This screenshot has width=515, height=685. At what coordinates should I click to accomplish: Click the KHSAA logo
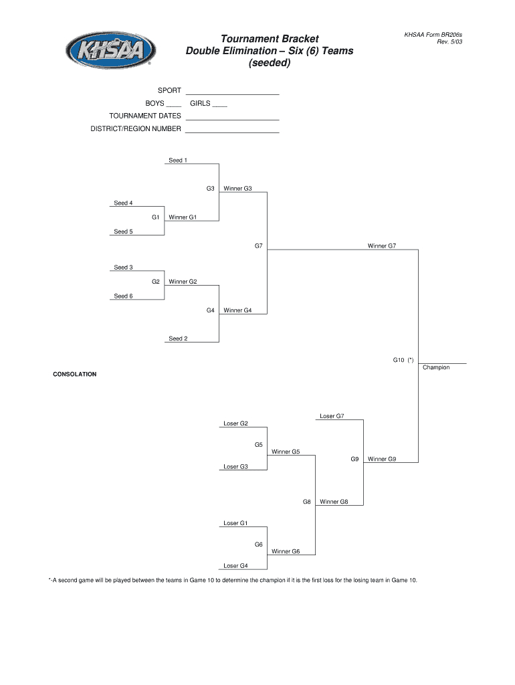[110, 50]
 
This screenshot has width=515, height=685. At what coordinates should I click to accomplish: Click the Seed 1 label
[177, 161]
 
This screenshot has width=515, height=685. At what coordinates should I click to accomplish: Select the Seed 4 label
[123, 203]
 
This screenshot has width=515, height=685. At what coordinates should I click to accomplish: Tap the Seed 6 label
[123, 296]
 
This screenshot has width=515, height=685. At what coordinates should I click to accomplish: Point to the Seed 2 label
[178, 338]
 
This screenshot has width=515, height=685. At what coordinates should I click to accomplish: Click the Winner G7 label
[381, 246]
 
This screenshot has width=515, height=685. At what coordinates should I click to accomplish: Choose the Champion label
[436, 367]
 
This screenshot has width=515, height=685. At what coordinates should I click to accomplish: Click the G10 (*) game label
[403, 360]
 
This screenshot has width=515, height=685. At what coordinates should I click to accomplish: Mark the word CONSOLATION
[75, 375]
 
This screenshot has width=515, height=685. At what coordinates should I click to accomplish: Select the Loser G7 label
[332, 416]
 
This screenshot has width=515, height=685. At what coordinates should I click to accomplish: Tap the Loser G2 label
[235, 423]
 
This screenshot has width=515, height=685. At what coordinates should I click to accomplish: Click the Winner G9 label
[382, 459]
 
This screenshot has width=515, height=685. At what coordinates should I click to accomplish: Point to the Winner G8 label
[334, 502]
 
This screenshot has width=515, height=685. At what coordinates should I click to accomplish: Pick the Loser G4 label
[235, 566]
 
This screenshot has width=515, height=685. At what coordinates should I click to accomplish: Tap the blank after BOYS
[173, 105]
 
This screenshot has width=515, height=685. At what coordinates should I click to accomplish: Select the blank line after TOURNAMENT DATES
[231, 117]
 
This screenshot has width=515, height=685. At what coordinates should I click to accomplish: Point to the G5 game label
[258, 445]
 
